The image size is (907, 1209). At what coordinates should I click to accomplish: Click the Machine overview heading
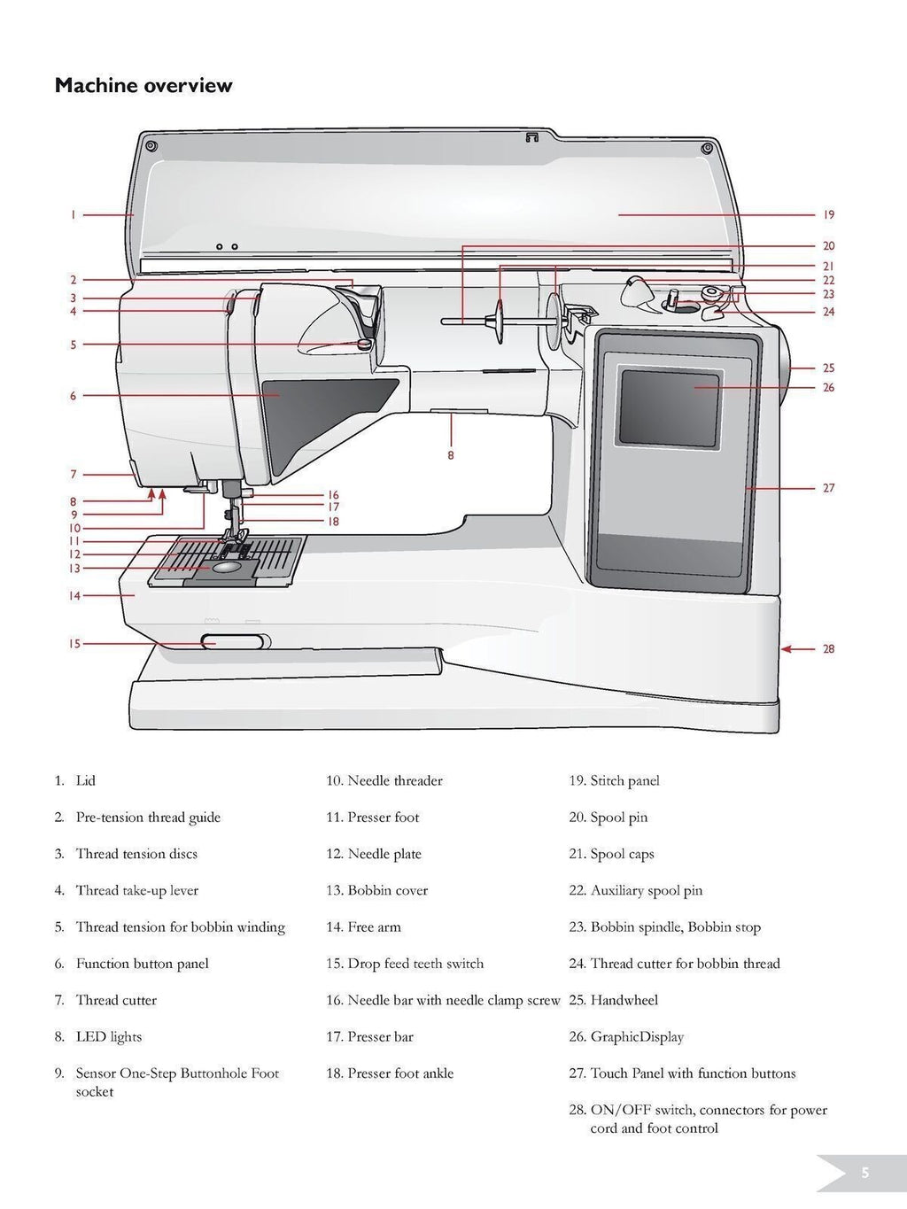[x=143, y=86]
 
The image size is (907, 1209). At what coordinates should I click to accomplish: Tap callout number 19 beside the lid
[x=828, y=214]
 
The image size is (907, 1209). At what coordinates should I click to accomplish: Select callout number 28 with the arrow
[x=828, y=648]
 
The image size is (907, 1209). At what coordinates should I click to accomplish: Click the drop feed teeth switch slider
[x=232, y=641]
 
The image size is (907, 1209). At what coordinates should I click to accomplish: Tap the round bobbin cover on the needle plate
[x=229, y=568]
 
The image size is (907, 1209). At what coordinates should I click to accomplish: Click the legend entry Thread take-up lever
[x=136, y=890]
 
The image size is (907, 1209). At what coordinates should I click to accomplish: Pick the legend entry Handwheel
[x=624, y=1000]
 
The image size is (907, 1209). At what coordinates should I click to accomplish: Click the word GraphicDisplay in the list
[x=637, y=1036]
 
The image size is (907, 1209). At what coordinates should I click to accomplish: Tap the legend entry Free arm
[x=374, y=926]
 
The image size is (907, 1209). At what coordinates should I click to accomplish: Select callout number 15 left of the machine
[x=75, y=644]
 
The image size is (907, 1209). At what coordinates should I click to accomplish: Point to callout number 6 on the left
[x=74, y=396]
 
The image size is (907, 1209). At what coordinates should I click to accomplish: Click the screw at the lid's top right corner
[x=706, y=148]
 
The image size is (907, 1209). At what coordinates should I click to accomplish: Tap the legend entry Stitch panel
[x=624, y=780]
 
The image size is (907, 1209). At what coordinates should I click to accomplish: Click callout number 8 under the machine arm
[x=451, y=455]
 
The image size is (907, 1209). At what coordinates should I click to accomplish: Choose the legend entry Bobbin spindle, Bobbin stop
[x=675, y=926]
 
